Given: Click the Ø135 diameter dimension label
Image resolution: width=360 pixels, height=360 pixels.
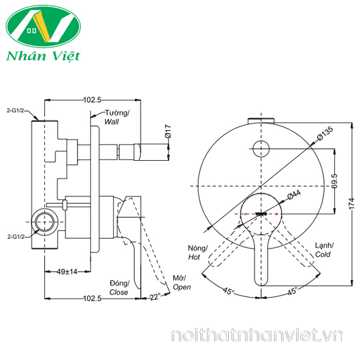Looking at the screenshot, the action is (x=325, y=133).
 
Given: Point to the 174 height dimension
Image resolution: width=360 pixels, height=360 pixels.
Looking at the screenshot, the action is (x=352, y=204).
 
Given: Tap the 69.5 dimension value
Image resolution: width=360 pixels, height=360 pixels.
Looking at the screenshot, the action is (x=335, y=181).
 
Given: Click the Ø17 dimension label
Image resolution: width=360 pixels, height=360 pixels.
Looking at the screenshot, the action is (x=168, y=131).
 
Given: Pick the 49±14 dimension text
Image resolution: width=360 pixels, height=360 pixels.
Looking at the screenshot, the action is (x=67, y=272).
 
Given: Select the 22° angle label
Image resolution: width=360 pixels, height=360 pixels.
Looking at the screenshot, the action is (x=155, y=297).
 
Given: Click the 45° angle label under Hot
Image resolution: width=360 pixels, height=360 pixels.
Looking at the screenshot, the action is (x=229, y=291).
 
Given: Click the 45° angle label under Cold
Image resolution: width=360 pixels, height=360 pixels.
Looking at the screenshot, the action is (x=292, y=291).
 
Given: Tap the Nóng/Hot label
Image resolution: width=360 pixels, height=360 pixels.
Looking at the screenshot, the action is (x=197, y=253).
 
